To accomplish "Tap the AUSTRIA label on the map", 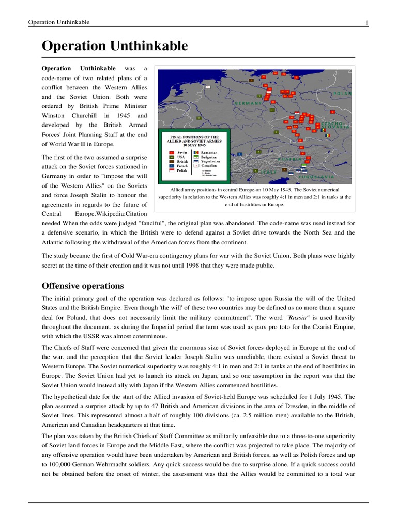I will (290, 159).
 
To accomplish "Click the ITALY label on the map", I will (268, 171).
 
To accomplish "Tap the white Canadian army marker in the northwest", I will (208, 87).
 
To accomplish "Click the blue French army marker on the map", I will (239, 154).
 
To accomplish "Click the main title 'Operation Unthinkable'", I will (115, 46).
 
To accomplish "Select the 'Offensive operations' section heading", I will (83, 285).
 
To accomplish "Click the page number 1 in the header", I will (367, 22).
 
